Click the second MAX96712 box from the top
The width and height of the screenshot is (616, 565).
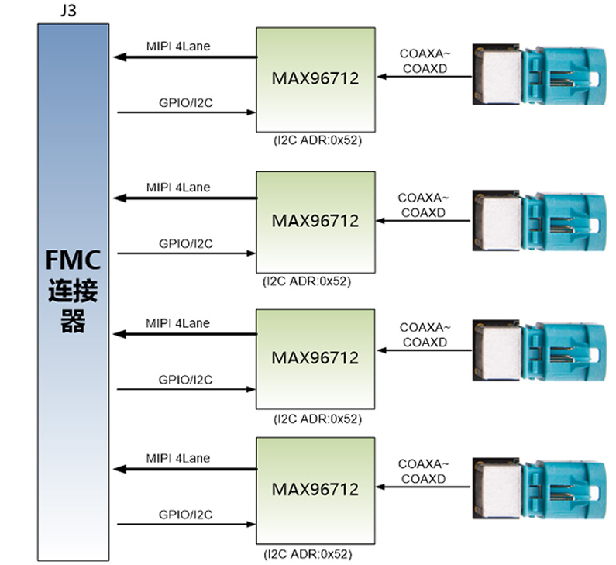click(x=315, y=222)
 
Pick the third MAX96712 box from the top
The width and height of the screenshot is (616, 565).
click(x=315, y=358)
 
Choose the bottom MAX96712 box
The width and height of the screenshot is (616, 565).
click(x=315, y=490)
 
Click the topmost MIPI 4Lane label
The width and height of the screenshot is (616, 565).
click(x=178, y=46)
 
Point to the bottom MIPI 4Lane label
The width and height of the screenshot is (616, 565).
click(x=178, y=458)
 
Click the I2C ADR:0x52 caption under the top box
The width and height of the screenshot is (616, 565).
click(x=317, y=142)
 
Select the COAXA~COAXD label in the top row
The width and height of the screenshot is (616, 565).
click(x=425, y=60)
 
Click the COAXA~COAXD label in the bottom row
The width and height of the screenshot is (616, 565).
click(x=425, y=471)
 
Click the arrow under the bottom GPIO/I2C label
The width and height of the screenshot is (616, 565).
click(x=186, y=524)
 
